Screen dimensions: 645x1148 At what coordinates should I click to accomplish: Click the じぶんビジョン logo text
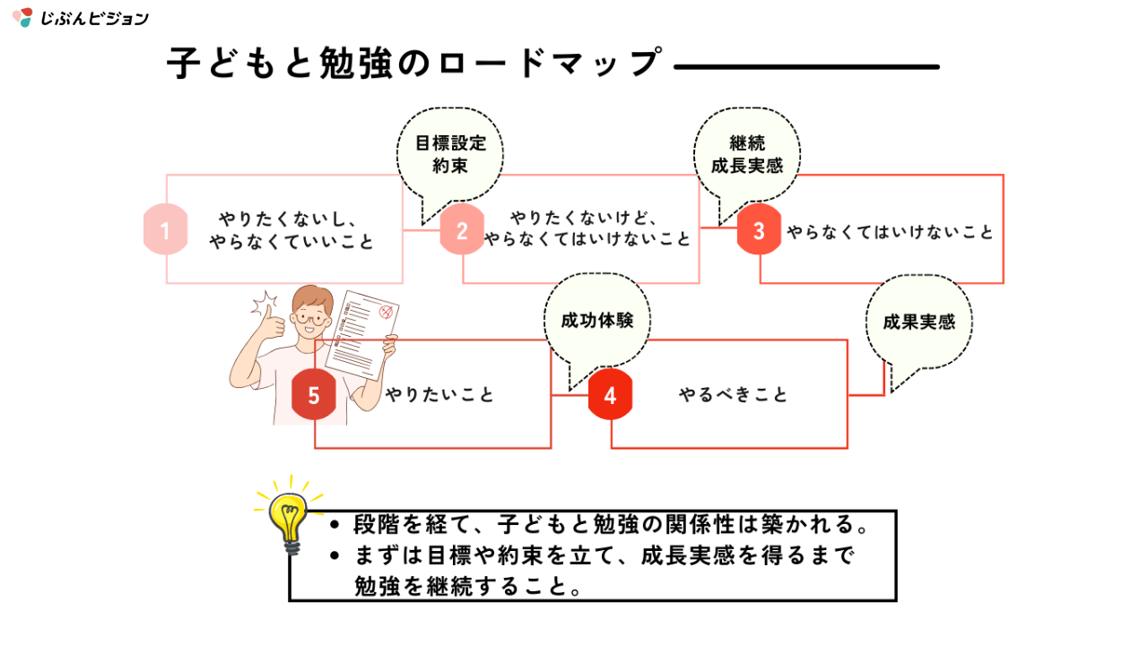coord(94,18)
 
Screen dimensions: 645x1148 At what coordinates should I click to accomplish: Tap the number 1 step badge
coord(165,230)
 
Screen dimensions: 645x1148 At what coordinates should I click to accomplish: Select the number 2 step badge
coord(462,230)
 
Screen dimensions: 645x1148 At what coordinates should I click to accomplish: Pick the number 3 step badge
coord(759,230)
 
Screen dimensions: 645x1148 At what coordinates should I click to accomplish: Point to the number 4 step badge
coord(611,395)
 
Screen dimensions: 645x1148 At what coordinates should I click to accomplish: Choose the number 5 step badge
coord(314,395)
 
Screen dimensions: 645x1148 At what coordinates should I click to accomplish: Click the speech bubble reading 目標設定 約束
coord(449,154)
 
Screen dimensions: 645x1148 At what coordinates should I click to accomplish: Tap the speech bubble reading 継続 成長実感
coord(746,154)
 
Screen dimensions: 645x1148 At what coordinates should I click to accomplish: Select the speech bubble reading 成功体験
coord(596,321)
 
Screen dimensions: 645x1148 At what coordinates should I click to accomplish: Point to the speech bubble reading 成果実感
coord(918,322)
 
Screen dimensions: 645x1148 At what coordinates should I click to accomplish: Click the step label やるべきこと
coord(734,395)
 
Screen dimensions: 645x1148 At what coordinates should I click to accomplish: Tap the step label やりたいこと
coord(439,395)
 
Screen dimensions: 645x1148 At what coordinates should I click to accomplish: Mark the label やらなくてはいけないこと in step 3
coord(891,231)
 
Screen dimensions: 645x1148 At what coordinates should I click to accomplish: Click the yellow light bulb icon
coord(289,518)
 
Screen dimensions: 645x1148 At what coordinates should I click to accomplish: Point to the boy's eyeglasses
coord(312,317)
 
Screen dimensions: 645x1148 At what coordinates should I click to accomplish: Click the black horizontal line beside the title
coord(805,66)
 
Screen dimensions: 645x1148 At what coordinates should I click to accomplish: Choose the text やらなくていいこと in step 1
coord(291,242)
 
